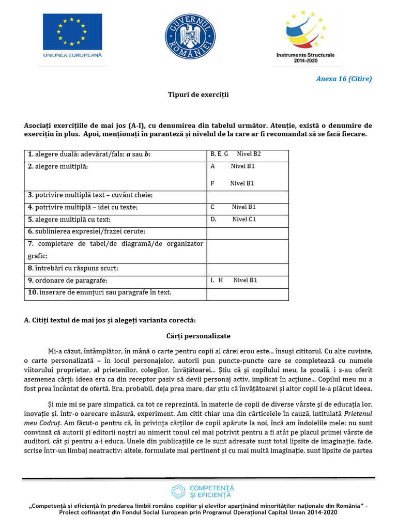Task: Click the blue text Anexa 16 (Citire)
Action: coord(344,79)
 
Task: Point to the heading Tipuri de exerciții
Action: coord(198,95)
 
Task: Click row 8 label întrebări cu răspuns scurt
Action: coord(73,268)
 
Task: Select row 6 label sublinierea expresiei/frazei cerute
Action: coord(86,231)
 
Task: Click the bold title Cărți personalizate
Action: coord(198,336)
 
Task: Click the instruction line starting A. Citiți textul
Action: coord(110,320)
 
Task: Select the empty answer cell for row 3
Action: coord(248,195)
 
